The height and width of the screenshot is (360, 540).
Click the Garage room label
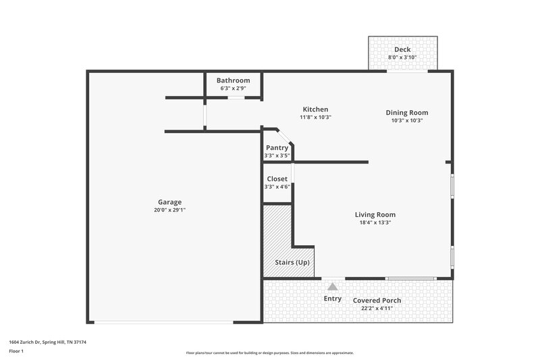169,202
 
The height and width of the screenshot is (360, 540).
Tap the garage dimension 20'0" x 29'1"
169,210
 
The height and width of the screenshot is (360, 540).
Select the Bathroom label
233,80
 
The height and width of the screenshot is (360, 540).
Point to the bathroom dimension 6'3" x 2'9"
233,88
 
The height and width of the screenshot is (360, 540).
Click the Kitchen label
315,109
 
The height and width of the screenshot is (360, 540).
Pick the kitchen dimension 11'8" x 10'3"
315,118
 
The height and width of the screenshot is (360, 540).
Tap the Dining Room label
406,113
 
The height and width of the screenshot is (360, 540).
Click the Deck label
402,49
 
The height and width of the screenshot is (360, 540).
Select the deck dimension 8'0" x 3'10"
402,57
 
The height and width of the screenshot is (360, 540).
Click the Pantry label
277,148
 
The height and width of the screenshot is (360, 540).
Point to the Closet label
277,179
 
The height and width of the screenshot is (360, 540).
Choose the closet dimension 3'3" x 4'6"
277,187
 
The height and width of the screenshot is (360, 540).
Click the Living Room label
375,215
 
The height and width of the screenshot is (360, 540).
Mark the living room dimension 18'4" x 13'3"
375,223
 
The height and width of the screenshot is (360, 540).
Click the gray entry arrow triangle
332,287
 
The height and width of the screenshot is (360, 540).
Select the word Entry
332,299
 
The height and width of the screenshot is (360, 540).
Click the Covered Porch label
377,301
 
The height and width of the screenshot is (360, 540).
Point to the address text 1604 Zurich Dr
29,342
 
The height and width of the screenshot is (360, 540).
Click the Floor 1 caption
16,351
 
